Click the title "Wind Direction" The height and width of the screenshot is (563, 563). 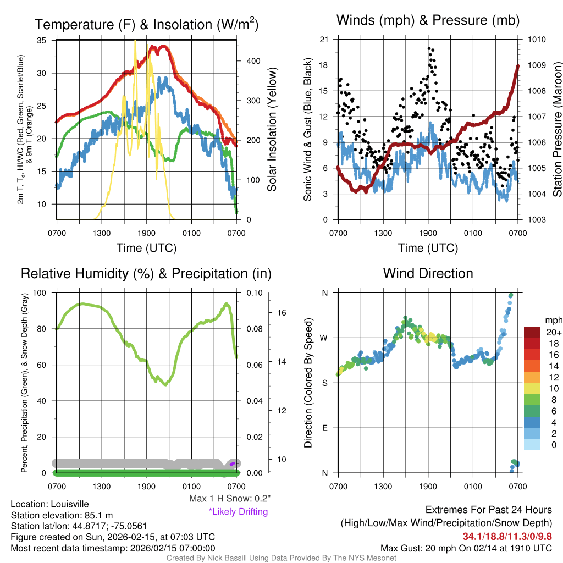point(428,273)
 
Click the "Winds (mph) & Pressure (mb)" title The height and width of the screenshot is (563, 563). point(428,21)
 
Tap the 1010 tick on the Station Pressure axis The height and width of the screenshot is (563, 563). point(536,40)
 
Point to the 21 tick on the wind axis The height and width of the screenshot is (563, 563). point(324,40)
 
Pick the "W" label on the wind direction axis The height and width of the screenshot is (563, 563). point(324,338)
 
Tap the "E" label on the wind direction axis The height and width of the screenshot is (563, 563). point(324,428)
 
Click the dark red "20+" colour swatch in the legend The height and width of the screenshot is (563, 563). point(533,333)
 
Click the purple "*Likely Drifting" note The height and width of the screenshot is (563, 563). point(238,511)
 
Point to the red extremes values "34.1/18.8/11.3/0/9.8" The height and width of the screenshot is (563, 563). point(507,536)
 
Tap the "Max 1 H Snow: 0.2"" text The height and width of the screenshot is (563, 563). point(230,499)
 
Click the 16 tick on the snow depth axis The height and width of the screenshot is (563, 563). point(280,312)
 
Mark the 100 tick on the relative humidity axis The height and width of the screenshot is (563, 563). point(40,293)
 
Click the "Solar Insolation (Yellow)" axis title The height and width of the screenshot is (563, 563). point(272,130)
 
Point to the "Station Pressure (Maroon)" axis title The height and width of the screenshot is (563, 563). point(556,130)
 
